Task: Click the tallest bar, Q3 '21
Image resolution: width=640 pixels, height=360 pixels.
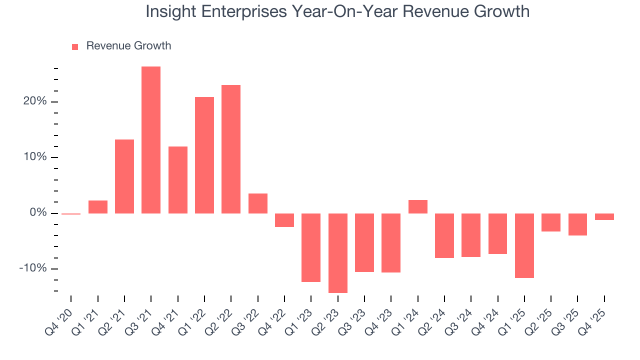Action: point(151,140)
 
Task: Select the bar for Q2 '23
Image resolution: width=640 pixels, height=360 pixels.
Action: point(337,253)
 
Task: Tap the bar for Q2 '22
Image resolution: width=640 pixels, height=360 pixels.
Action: point(231,149)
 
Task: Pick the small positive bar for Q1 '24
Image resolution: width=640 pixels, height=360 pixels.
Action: point(417,206)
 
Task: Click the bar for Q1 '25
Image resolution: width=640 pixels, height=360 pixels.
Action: point(524,245)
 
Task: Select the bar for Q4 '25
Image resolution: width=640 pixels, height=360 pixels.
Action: point(604,216)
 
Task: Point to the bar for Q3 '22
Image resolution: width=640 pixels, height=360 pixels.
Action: point(257,203)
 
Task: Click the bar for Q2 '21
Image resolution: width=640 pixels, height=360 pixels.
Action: point(124,176)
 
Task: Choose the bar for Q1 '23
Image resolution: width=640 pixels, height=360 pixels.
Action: point(311,247)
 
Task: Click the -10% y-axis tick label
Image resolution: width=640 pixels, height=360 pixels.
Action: point(32,268)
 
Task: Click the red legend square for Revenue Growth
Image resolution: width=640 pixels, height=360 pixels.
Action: point(75,47)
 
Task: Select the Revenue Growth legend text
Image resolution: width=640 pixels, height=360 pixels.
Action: point(128,46)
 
